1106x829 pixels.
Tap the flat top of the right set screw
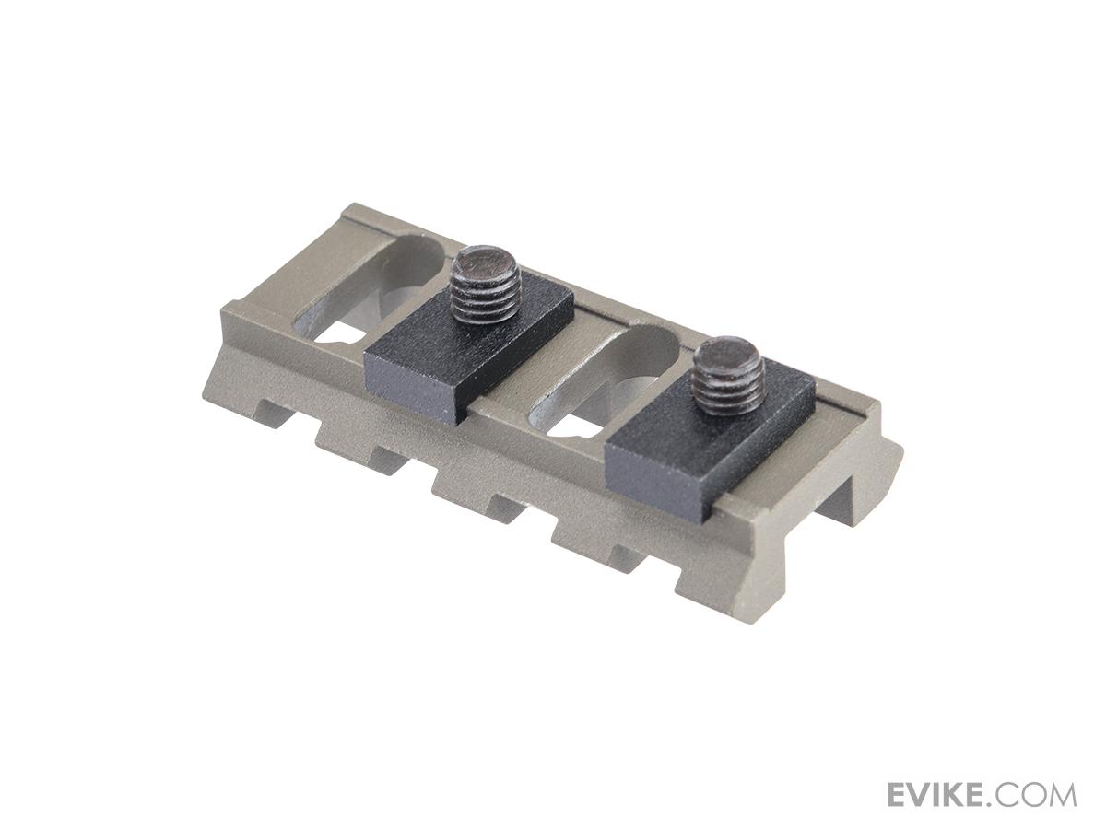click(x=728, y=354)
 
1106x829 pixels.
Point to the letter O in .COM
click(x=1034, y=794)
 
